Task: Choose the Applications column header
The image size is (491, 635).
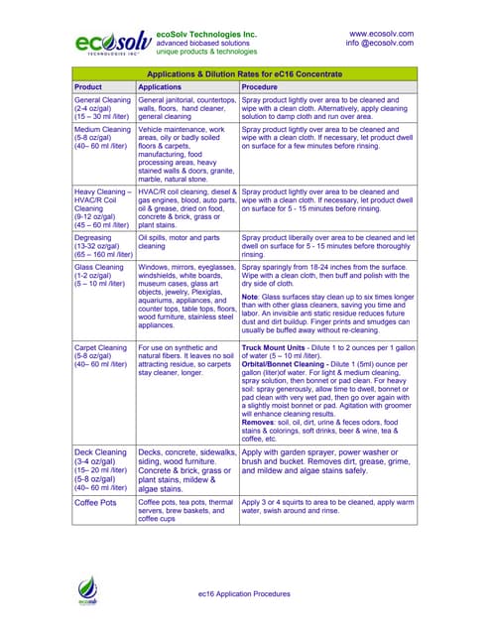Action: [x=160, y=87]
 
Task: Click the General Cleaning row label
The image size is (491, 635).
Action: [x=102, y=100]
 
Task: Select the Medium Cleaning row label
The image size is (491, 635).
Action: [x=102, y=130]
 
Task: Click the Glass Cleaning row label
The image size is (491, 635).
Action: [x=99, y=268]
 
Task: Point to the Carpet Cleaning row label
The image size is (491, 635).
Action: [x=101, y=349]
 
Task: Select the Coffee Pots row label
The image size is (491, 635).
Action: [x=97, y=503]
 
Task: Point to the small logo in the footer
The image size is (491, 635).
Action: [x=88, y=593]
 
